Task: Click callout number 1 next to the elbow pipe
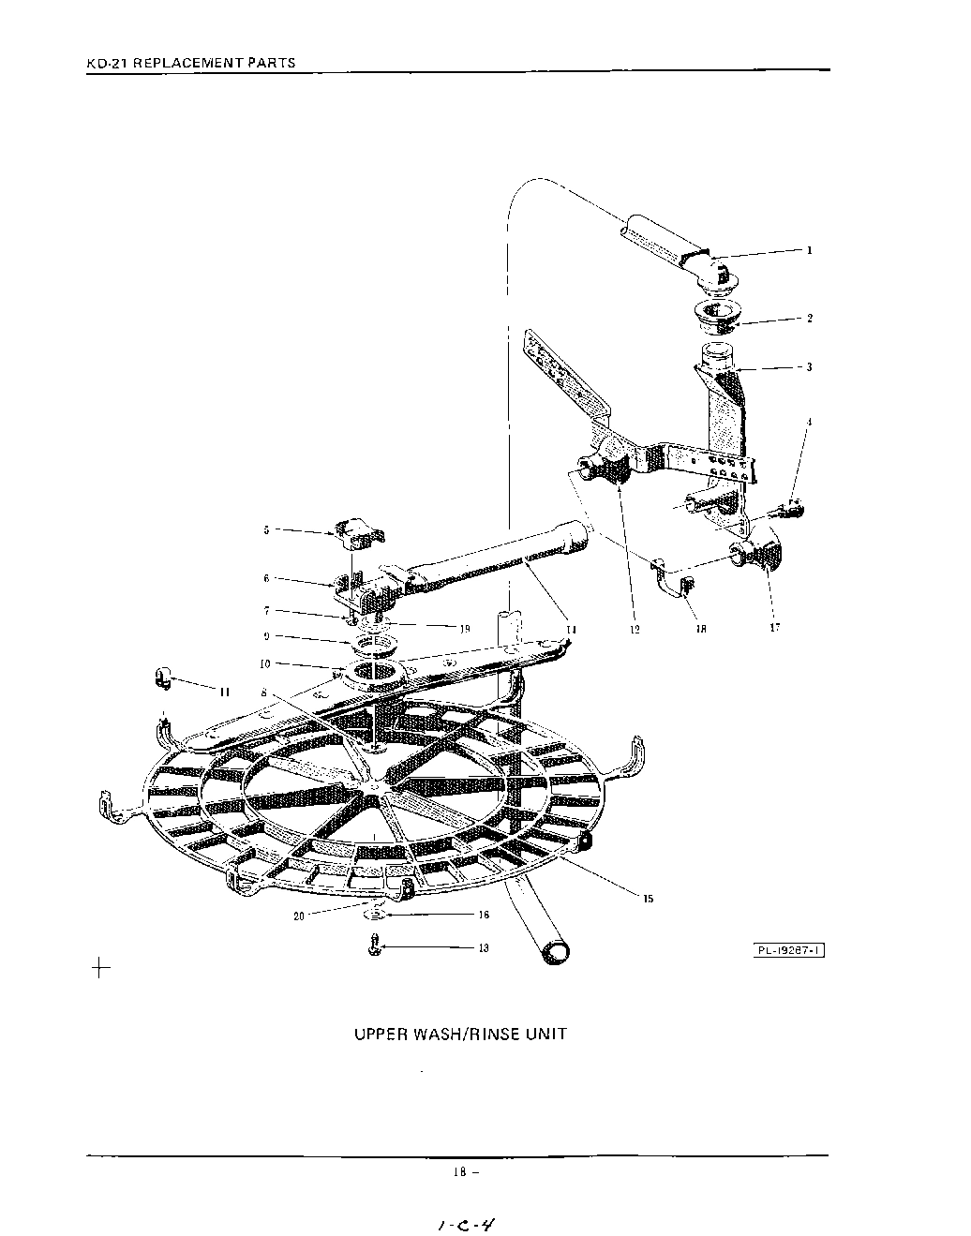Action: pos(809,250)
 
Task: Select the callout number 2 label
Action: pos(810,319)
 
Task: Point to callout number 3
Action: pos(809,367)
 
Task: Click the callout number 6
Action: pos(266,579)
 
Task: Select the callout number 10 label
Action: pos(266,663)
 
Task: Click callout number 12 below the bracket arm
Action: pos(635,630)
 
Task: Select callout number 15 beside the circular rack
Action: pos(648,898)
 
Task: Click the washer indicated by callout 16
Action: pos(376,913)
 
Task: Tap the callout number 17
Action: pos(775,628)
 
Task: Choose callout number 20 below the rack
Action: pos(299,916)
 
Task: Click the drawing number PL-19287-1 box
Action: pos(789,951)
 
